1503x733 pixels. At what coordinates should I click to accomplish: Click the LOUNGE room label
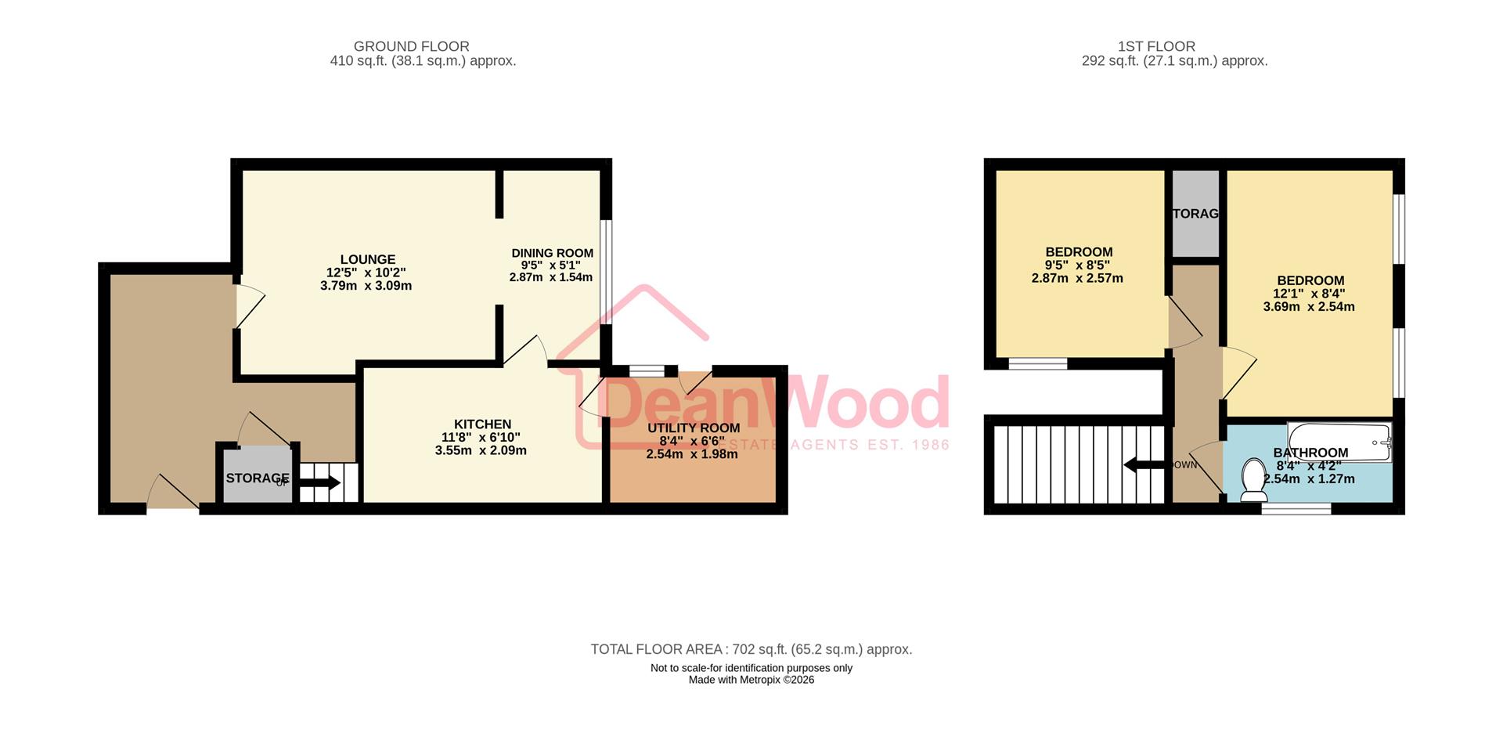(x=367, y=259)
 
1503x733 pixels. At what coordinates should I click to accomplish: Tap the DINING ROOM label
(x=552, y=253)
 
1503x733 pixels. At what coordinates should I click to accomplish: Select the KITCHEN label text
(x=482, y=424)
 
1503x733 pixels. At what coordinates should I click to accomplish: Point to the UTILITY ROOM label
(x=693, y=428)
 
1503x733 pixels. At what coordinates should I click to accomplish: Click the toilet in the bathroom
(x=1254, y=479)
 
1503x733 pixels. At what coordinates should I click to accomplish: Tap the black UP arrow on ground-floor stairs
(x=319, y=482)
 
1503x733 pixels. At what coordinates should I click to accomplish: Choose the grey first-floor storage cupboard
(x=1195, y=214)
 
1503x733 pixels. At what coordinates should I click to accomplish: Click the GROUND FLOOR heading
(x=411, y=46)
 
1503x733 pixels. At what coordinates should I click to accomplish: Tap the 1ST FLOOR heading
(x=1156, y=46)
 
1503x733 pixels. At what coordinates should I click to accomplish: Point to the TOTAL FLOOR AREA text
(x=751, y=649)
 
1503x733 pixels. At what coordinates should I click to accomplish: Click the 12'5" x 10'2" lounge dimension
(x=366, y=273)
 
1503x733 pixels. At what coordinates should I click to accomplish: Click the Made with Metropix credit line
(x=751, y=680)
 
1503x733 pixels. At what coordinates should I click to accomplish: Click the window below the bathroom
(x=1296, y=509)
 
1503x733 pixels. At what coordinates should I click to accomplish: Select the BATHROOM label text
(x=1310, y=453)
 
